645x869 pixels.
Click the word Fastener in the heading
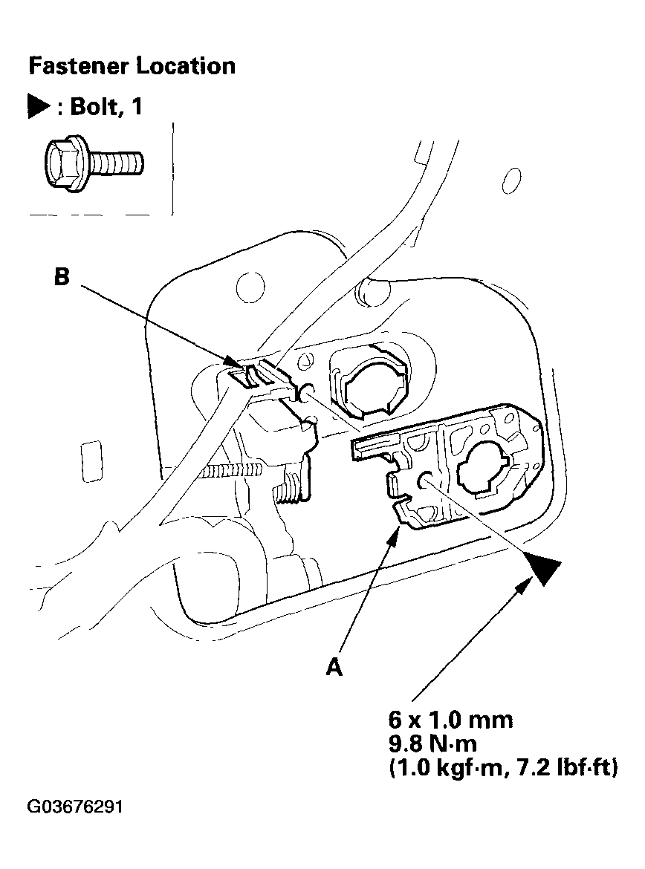78,66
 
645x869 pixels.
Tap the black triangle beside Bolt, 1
38,106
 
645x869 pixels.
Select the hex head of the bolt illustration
62,163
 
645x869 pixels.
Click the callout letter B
62,276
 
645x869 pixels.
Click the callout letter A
334,667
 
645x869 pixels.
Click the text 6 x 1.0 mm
451,720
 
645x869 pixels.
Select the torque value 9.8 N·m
432,743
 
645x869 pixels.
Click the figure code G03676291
75,807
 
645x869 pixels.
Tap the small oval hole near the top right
511,180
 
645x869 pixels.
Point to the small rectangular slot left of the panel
91,461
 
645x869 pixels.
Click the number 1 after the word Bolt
137,106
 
